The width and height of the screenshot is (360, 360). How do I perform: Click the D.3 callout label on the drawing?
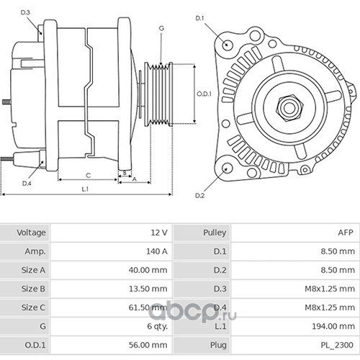(x=25, y=12)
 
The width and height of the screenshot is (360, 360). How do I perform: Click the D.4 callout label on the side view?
(x=27, y=184)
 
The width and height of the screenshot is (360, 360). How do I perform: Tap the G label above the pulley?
(x=161, y=28)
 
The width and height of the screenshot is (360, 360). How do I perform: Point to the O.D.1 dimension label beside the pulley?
(x=204, y=94)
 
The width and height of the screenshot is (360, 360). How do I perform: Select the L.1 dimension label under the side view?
(x=85, y=189)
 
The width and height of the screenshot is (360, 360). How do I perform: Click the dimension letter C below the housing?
(x=88, y=176)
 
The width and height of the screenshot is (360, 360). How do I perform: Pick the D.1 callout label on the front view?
(x=199, y=18)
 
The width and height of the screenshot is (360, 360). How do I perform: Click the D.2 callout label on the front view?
(x=199, y=196)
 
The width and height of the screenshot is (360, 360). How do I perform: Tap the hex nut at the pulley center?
(x=289, y=108)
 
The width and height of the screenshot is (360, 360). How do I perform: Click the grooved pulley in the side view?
(x=158, y=94)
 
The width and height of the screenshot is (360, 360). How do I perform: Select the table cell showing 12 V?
(x=159, y=233)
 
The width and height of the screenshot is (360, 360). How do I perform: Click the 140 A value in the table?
(x=157, y=251)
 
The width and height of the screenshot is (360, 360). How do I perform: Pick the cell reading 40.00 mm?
(x=148, y=270)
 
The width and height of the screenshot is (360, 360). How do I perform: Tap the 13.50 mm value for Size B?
(x=148, y=289)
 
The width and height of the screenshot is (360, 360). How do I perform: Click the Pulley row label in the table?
(x=215, y=233)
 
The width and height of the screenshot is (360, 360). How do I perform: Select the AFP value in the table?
(x=346, y=233)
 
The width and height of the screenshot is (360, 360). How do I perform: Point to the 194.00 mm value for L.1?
(x=333, y=326)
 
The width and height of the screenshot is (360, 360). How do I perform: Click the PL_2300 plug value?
(x=337, y=345)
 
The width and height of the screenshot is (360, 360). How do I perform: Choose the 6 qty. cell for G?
(x=157, y=326)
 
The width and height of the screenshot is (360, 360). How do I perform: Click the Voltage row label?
(x=31, y=233)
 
